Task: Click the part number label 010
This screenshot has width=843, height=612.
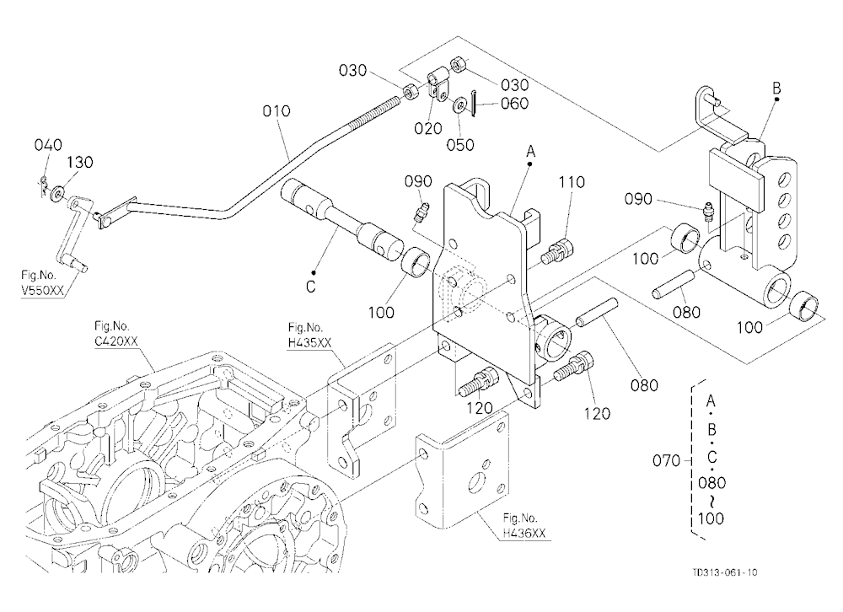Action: click(x=277, y=110)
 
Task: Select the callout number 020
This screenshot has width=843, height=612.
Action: click(x=428, y=128)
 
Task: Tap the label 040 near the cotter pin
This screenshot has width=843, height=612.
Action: click(x=48, y=145)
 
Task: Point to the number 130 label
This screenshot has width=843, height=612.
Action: click(x=79, y=162)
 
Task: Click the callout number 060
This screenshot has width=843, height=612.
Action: click(x=514, y=103)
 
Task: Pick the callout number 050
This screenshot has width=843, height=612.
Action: click(x=460, y=145)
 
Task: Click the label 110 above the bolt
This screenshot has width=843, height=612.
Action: click(x=571, y=182)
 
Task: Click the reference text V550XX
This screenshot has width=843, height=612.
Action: click(x=42, y=290)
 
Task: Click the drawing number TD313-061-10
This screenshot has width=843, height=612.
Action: click(x=724, y=572)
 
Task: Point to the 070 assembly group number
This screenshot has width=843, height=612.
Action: click(x=666, y=460)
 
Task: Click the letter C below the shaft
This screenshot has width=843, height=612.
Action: click(x=311, y=287)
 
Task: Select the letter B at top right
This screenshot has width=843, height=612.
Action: click(x=776, y=88)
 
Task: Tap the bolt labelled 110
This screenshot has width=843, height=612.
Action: click(x=559, y=250)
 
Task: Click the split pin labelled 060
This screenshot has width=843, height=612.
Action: click(x=474, y=102)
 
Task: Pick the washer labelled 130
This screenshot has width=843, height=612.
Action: click(x=56, y=192)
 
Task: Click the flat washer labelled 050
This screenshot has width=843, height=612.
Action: click(x=459, y=105)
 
